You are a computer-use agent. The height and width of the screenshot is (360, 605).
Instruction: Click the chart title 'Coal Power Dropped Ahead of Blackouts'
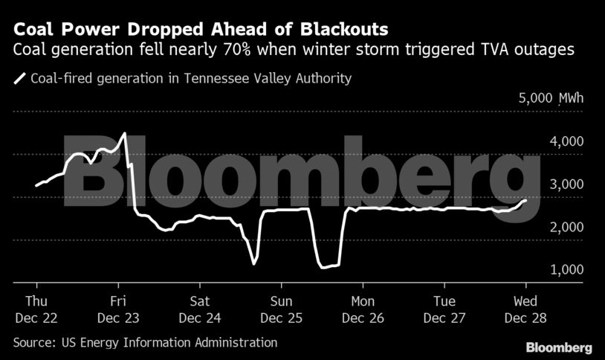pyautogui.click(x=200, y=30)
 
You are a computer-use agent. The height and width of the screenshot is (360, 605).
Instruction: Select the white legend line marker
pyautogui.click(x=19, y=78)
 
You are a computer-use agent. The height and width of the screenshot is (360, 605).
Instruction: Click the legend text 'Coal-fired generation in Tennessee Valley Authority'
pyautogui.click(x=191, y=78)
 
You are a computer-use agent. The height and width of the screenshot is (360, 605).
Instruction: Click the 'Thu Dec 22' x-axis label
pyautogui.click(x=36, y=309)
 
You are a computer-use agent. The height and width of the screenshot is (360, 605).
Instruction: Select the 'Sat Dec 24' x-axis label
pyautogui.click(x=199, y=309)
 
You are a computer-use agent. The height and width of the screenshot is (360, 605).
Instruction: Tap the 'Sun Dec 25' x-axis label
pyautogui.click(x=281, y=309)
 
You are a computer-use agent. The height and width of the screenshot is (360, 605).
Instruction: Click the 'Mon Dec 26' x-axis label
pyautogui.click(x=363, y=309)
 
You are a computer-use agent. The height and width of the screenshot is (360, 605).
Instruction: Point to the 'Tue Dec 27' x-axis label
pyautogui.click(x=444, y=309)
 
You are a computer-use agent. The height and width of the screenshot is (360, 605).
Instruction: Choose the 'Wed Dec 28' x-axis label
pyautogui.click(x=525, y=309)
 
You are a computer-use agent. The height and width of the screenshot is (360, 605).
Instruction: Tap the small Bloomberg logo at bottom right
pyautogui.click(x=559, y=347)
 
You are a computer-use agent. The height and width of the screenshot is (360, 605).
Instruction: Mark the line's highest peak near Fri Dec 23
pyautogui.click(x=125, y=134)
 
